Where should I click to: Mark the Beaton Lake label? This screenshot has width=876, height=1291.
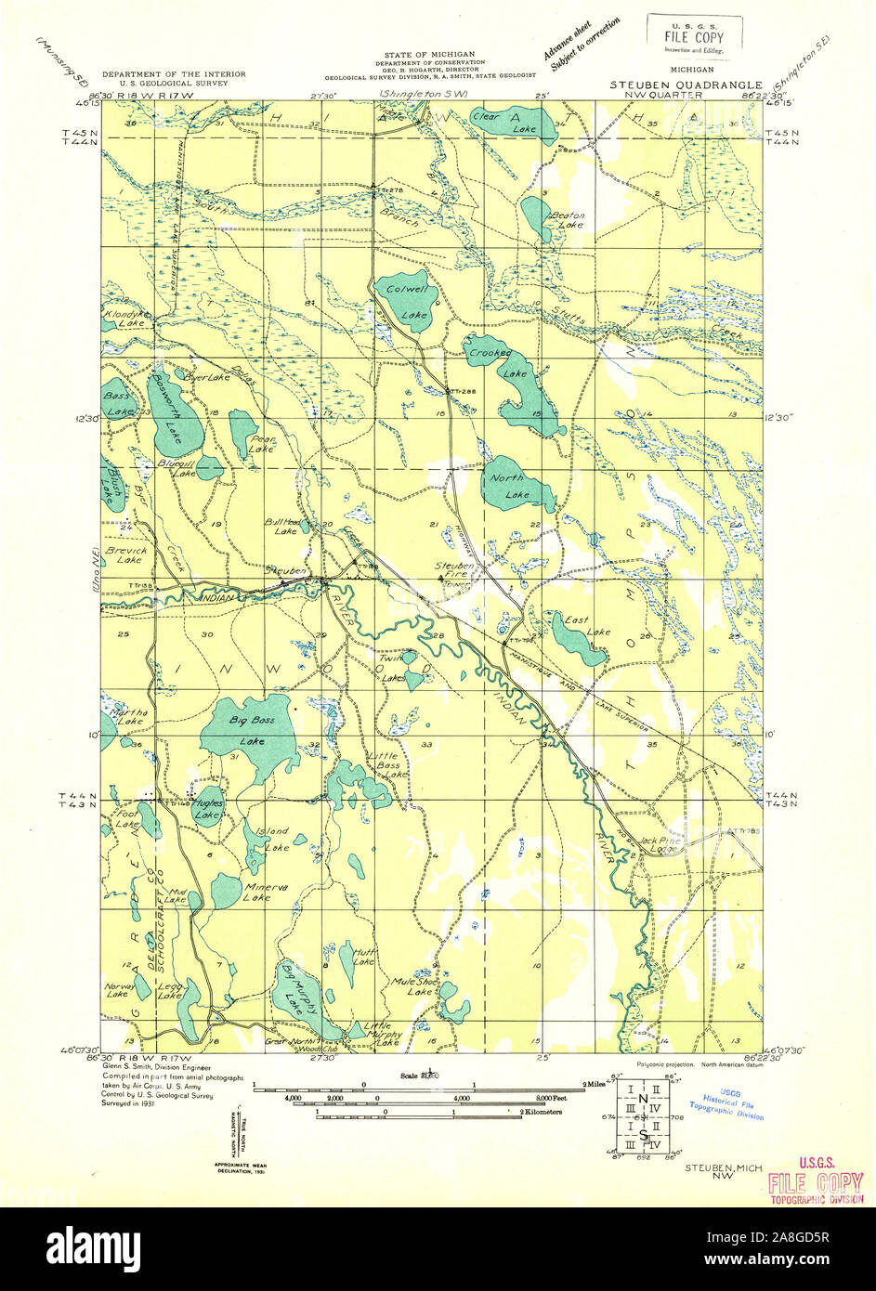[568, 219]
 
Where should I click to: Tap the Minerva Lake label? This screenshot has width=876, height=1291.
[256, 892]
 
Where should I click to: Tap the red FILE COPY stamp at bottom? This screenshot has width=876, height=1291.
[816, 1181]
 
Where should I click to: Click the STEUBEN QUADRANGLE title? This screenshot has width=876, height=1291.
[686, 85]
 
